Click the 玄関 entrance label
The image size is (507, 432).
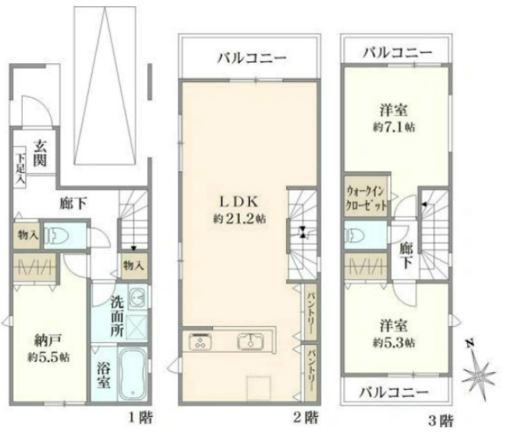[40, 154]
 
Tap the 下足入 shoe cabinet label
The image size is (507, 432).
[19, 168]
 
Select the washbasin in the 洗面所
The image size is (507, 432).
[136, 296]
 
